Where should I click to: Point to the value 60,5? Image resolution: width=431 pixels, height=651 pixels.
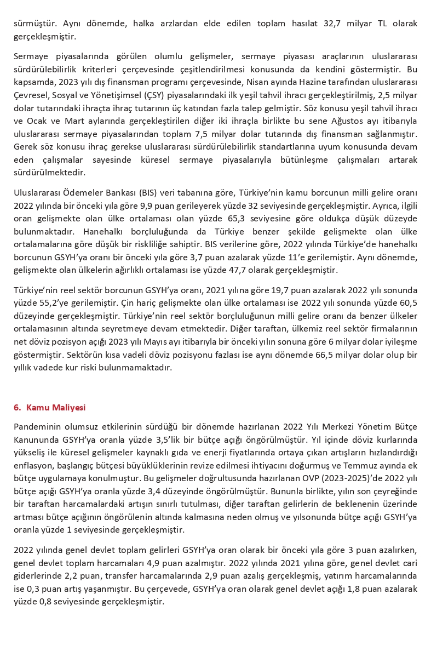[x=408, y=303]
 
